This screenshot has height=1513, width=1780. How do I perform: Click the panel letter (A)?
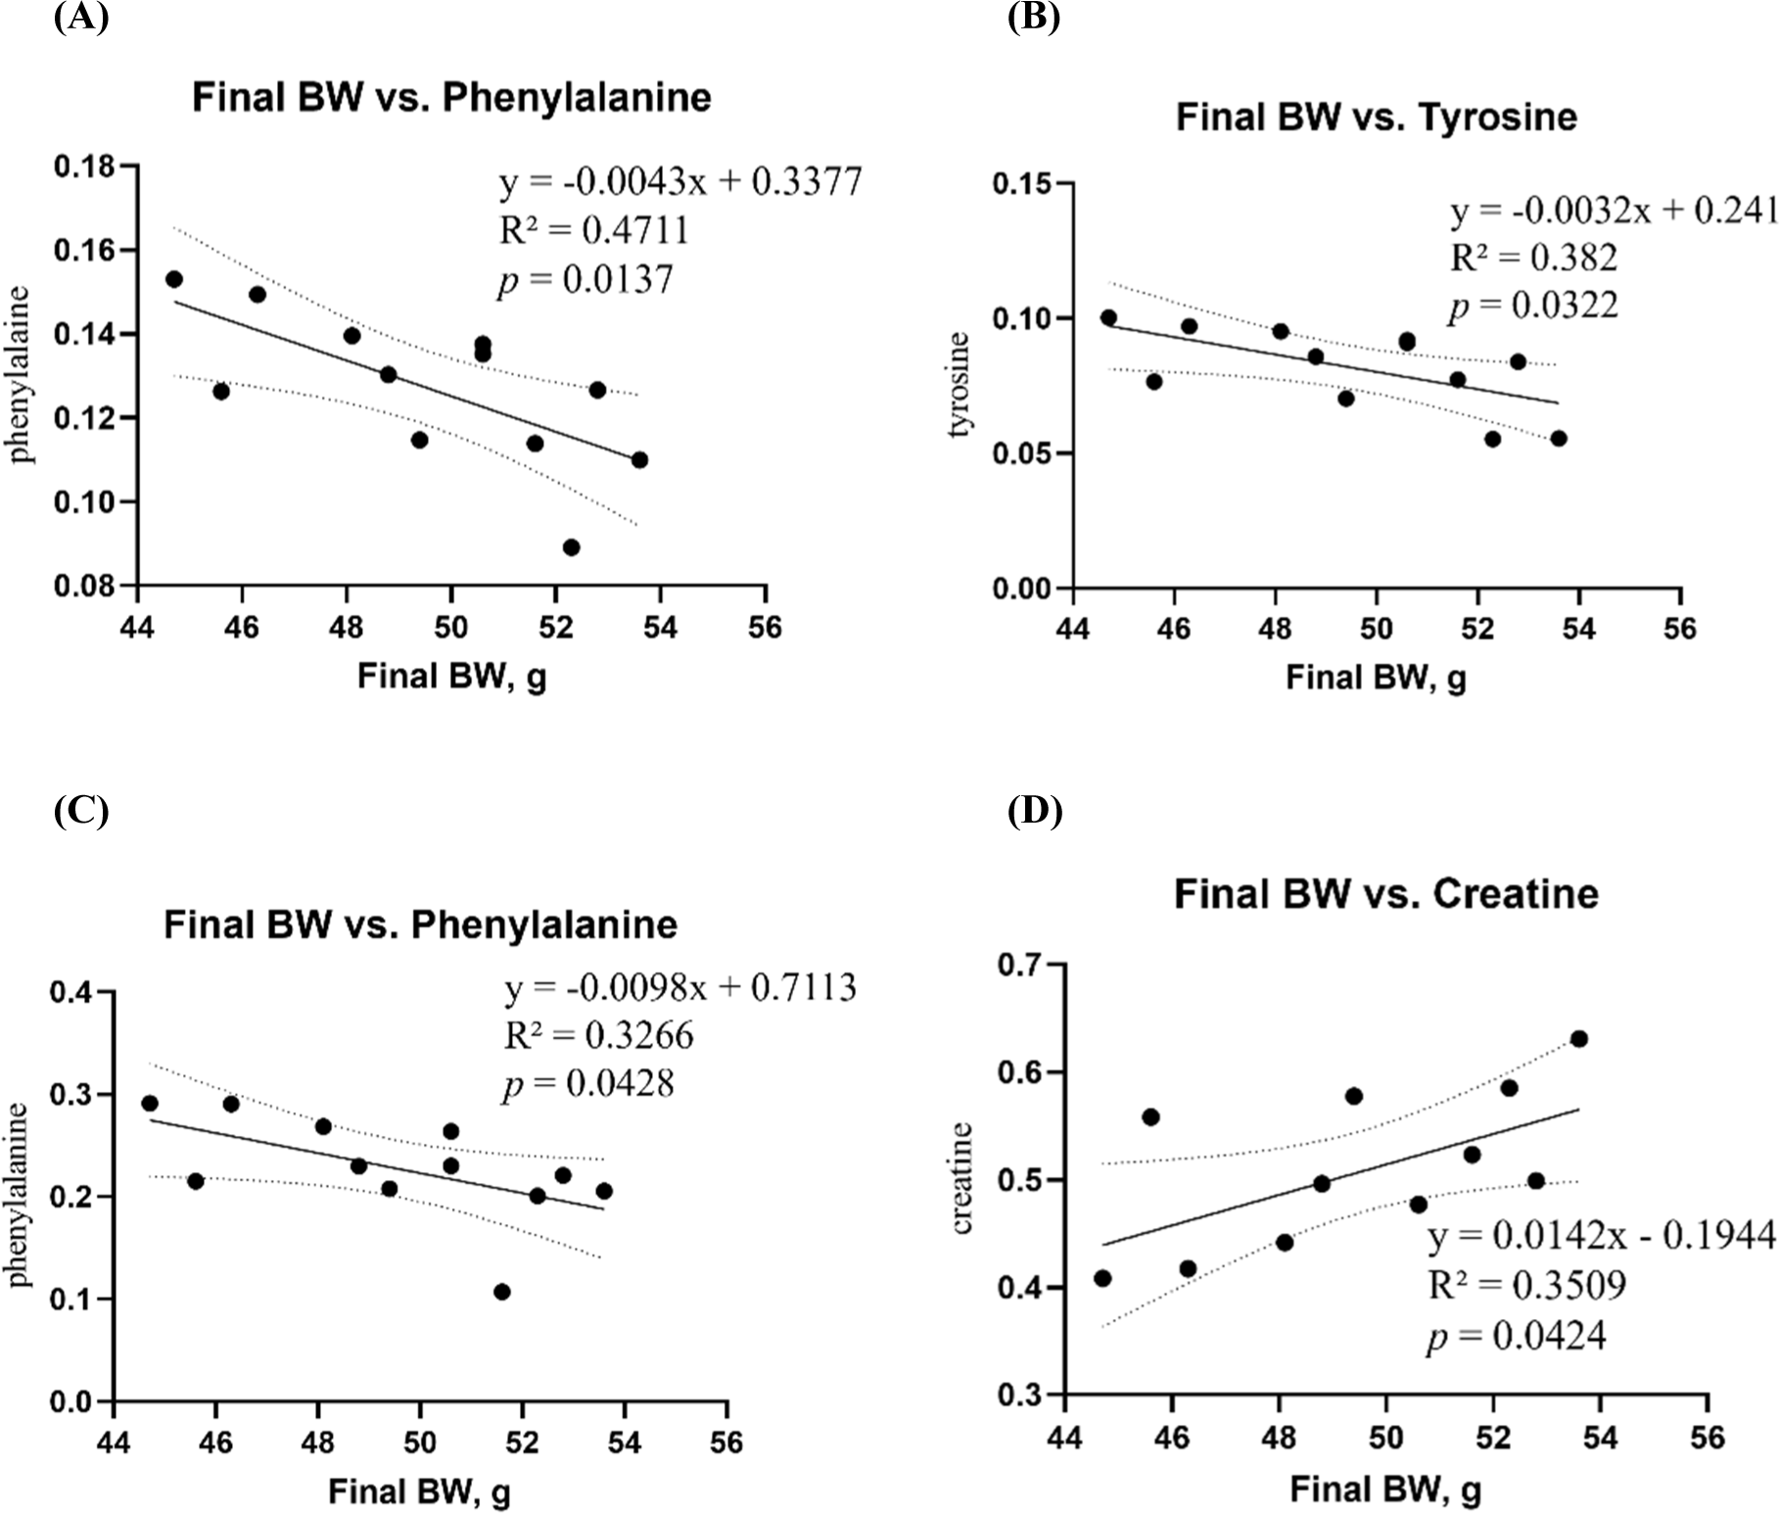[x=81, y=18]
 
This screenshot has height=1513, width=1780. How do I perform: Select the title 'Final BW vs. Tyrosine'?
[x=1376, y=118]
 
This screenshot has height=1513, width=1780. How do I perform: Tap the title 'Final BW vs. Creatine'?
[x=1385, y=894]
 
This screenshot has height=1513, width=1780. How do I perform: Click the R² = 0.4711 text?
[x=594, y=230]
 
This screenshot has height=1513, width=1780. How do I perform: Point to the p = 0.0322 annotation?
[x=1533, y=306]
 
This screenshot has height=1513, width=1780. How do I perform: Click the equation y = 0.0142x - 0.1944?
[x=1601, y=1236]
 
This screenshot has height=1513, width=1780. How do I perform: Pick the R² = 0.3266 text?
[x=598, y=1035]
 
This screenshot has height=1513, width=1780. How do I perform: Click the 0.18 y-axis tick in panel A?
[x=83, y=166]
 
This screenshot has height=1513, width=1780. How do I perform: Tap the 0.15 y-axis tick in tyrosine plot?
[x=1021, y=184]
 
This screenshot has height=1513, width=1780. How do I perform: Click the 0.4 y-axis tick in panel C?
[x=73, y=993]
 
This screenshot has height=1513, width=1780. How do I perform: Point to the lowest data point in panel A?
[x=571, y=547]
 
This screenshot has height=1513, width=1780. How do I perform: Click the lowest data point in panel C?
[x=501, y=1292]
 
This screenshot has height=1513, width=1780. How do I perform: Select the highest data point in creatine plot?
[x=1578, y=1039]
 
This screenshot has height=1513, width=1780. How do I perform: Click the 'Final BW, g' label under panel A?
[x=451, y=677]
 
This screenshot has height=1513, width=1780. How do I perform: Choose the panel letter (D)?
[x=1034, y=812]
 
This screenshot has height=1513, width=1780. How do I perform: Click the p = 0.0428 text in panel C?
[x=587, y=1084]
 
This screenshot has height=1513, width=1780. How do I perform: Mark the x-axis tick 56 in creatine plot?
[x=1707, y=1437]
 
